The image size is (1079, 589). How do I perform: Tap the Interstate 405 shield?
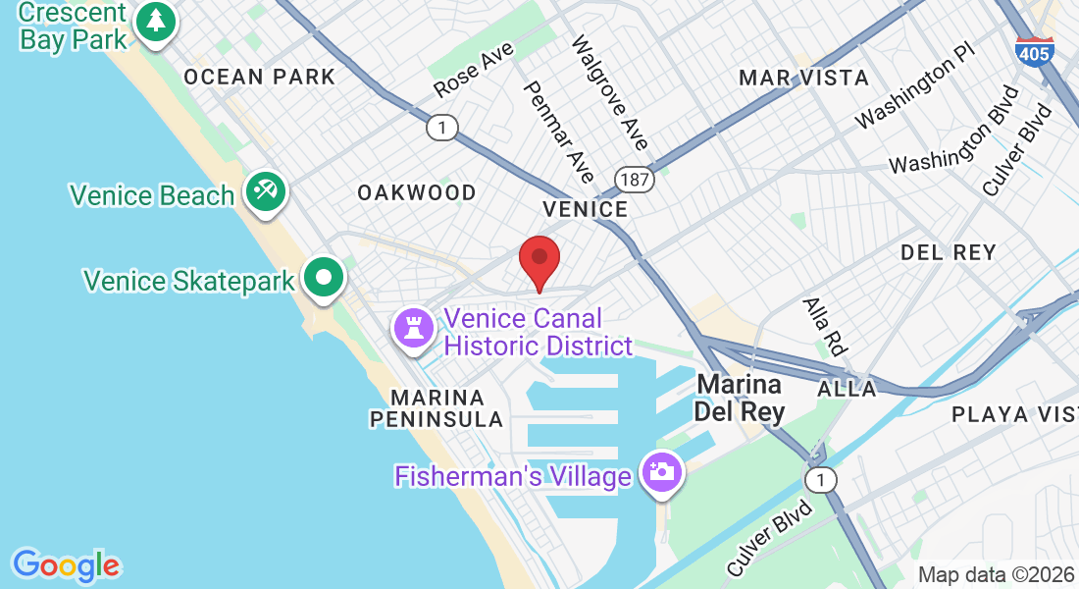(x=1035, y=51)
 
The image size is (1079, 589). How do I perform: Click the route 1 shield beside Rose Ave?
(x=442, y=127)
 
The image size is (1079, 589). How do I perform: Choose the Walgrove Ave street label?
(x=609, y=93)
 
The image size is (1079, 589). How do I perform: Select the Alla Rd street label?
(x=824, y=326)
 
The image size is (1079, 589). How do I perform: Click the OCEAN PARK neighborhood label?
(x=259, y=77)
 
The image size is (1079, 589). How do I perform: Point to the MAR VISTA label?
(x=804, y=78)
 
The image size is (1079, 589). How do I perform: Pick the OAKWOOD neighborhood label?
(x=417, y=192)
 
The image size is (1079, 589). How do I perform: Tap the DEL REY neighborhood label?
(x=949, y=252)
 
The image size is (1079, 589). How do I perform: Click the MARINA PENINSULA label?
(x=437, y=408)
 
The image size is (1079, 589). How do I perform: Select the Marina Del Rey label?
(x=740, y=397)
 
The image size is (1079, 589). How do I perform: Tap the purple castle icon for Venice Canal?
(x=413, y=327)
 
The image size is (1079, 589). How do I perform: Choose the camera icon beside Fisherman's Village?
(x=662, y=471)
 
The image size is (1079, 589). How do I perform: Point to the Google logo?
(x=66, y=565)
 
